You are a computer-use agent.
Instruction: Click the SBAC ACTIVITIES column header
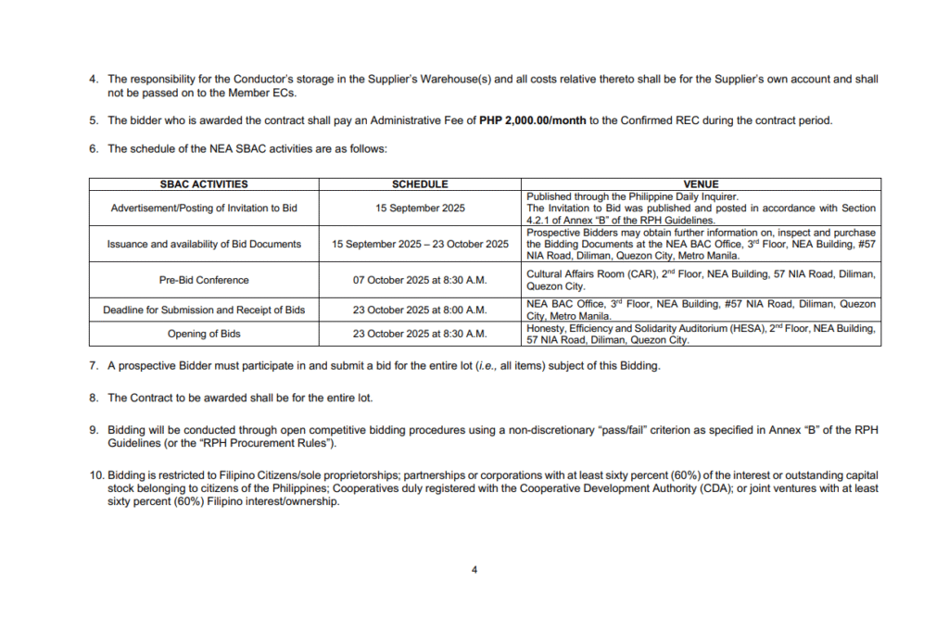coord(204,184)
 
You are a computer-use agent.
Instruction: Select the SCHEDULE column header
coord(420,184)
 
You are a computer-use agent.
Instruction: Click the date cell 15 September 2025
coord(420,209)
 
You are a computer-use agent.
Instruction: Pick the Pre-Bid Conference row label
coord(204,280)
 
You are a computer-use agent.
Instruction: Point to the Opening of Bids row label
coord(204,334)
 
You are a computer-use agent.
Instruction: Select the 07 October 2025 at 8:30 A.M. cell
coord(420,280)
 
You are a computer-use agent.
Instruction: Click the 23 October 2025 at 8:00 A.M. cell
coord(420,310)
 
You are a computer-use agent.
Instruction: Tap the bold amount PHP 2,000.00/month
coord(533,120)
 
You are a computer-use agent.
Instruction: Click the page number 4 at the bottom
coord(474,570)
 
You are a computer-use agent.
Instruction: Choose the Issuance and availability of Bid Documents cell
coord(204,244)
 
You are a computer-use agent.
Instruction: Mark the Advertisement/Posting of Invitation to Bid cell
coord(204,209)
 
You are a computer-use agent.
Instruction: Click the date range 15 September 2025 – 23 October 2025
coord(420,244)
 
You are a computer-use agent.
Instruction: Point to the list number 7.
coord(94,366)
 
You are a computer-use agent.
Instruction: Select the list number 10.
coord(95,475)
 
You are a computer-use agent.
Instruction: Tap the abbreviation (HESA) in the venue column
coord(746,328)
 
